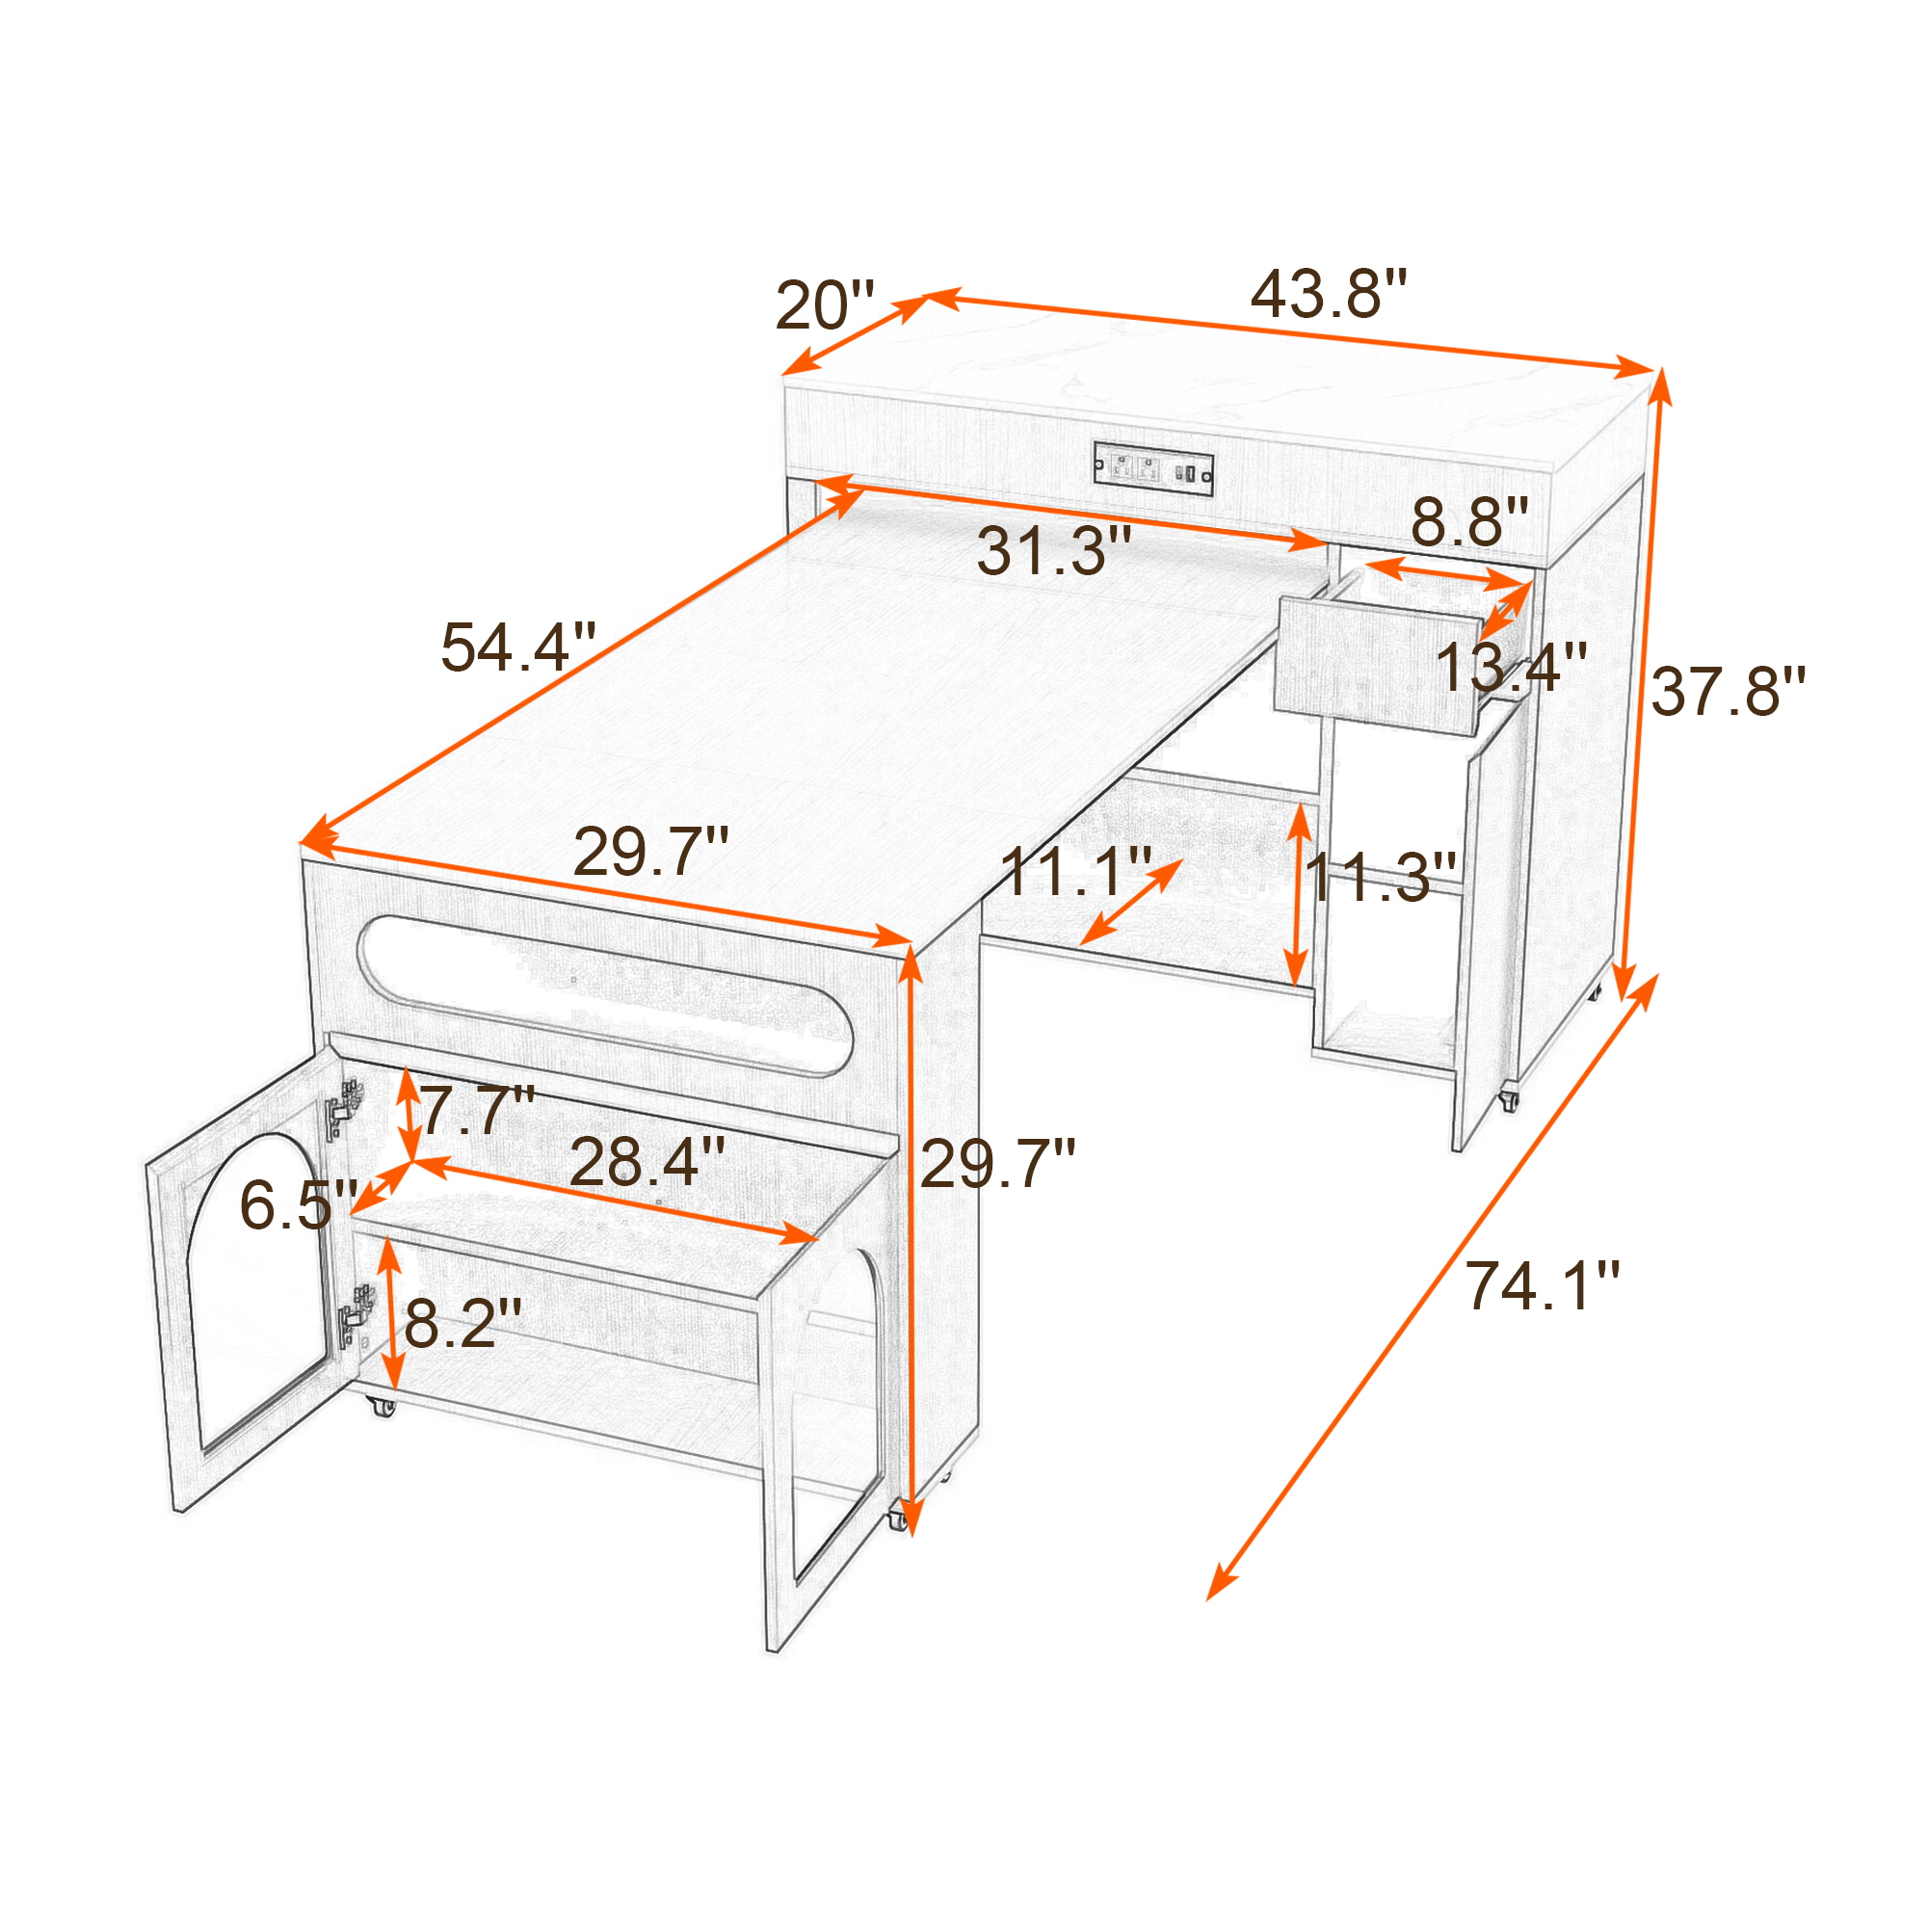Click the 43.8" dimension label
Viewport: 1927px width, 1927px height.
(x=1329, y=294)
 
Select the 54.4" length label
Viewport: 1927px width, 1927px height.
(x=518, y=647)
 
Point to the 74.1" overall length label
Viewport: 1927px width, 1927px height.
(x=1542, y=1285)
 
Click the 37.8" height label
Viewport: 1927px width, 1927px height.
(x=1729, y=692)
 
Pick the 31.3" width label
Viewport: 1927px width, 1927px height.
(x=1054, y=550)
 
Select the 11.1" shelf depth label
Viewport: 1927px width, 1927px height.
(x=1076, y=872)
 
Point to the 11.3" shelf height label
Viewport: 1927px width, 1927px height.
(x=1381, y=878)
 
